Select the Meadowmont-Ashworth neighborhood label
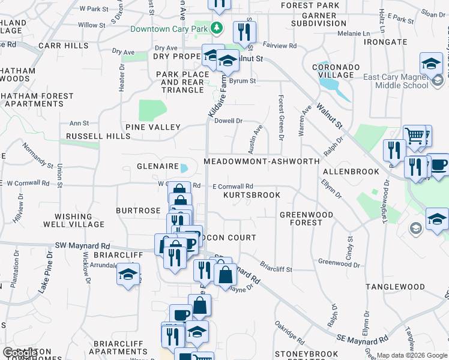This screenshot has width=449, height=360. click(x=261, y=162)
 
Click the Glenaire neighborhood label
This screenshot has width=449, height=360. click(x=158, y=166)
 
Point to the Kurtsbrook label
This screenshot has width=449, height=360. click(x=252, y=196)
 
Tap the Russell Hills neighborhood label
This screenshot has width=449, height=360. click(x=98, y=136)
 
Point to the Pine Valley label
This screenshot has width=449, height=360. click(x=152, y=127)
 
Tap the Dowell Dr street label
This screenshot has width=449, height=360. click(x=229, y=121)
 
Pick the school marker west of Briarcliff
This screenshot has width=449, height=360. click(x=128, y=275)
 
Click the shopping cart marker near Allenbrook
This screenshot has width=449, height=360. click(x=415, y=137)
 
